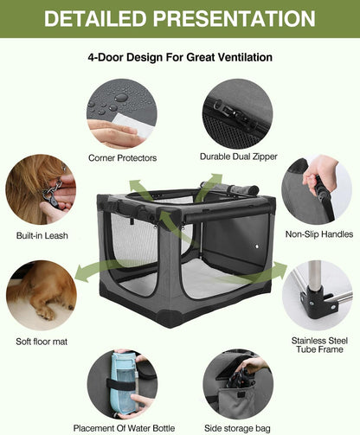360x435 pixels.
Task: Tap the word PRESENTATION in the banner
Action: pyautogui.click(x=232, y=18)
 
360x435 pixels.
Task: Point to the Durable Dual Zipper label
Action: pyautogui.click(x=238, y=157)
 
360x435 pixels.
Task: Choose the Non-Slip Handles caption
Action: pyautogui.click(x=318, y=233)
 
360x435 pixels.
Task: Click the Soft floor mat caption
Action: pyautogui.click(x=42, y=342)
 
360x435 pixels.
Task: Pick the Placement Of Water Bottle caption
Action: pyautogui.click(x=124, y=428)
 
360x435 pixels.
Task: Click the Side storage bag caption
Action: pyautogui.click(x=238, y=428)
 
